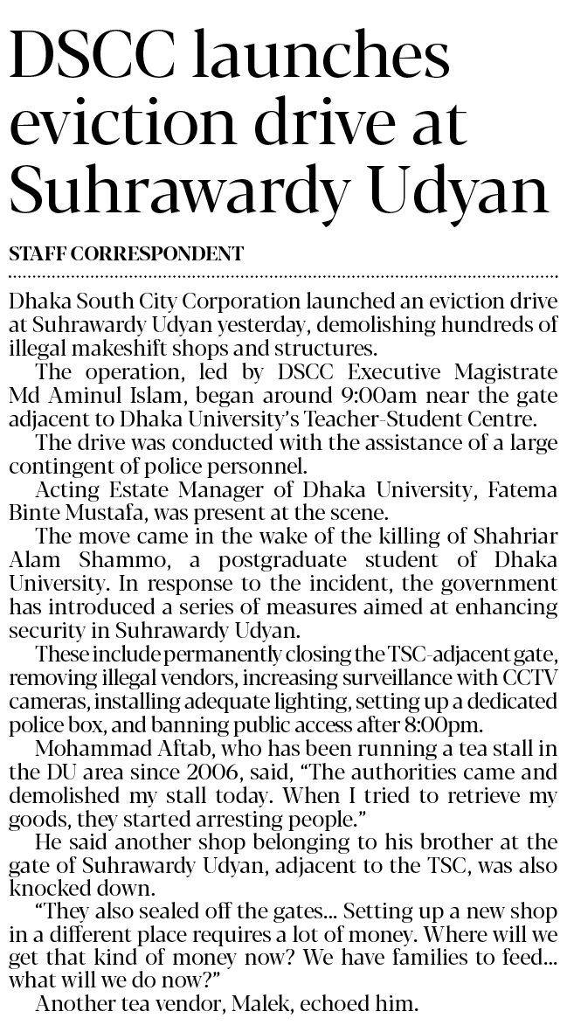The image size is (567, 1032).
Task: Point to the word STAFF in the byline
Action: pos(38,254)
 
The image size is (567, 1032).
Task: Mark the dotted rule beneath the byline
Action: pos(283,274)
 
